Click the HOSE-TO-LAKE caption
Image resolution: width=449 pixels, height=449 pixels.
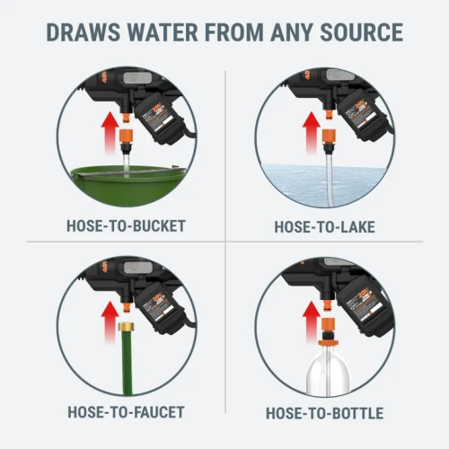[325, 227]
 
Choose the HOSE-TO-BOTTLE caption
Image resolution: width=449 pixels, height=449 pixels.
[325, 413]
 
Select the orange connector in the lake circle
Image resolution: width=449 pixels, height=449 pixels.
[328, 137]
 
